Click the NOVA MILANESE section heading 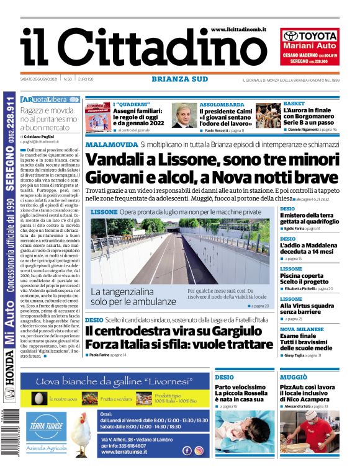[302, 329]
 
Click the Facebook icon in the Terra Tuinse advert [187, 451]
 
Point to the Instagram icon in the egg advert [199, 451]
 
